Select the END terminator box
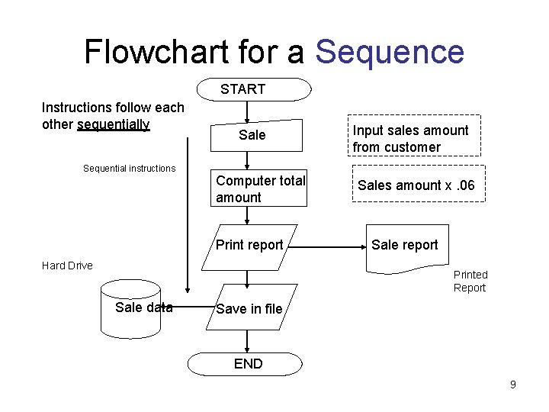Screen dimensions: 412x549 (249, 364)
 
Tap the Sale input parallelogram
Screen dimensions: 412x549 (252, 135)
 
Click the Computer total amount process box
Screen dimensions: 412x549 (258, 189)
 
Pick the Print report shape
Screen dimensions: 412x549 (249, 246)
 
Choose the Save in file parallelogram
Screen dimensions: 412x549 (249, 309)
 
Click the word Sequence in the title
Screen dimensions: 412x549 (389, 52)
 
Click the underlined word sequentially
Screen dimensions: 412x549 (114, 124)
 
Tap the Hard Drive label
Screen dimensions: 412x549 (67, 266)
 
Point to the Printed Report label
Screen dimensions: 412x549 (470, 281)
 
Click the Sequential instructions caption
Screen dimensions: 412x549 (129, 169)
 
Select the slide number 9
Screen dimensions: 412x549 (512, 385)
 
